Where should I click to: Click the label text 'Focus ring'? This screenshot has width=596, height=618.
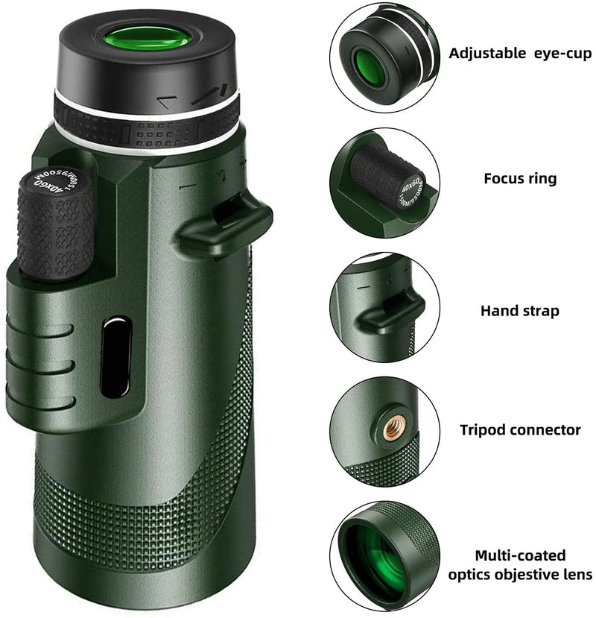[520, 179]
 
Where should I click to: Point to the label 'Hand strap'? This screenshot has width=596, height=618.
[519, 310]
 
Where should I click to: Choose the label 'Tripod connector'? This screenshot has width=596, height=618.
[520, 430]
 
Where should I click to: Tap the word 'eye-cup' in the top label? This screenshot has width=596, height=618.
[559, 54]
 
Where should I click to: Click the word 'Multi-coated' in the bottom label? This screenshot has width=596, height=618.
[520, 555]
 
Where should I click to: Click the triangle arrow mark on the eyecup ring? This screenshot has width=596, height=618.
[170, 100]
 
